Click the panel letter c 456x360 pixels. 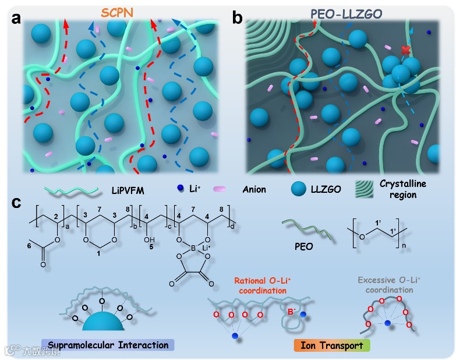[17, 203]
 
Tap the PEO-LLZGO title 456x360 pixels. [345, 12]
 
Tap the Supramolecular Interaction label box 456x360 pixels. [108, 345]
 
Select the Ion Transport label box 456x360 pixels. [331, 345]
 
